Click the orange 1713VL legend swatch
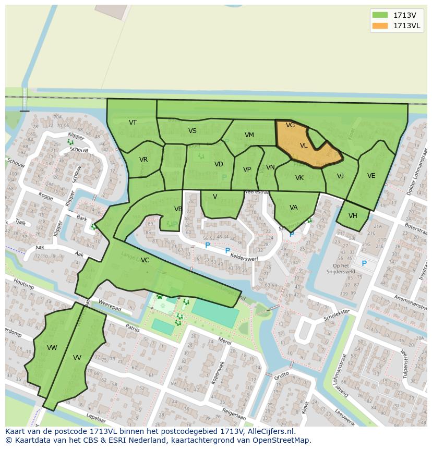pos(380,26)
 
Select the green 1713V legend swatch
pos(380,15)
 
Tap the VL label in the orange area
pos(304,146)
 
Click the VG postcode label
pos(291,126)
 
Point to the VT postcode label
pos(133,123)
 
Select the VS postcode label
pos(193,131)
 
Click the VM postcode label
pos(249,135)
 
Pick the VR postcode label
pos(143,160)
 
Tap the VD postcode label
pos(219,164)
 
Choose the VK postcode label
pos(299,178)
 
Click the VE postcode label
pos(371,176)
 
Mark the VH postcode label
pos(353,216)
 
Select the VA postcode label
pos(293,208)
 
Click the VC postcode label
pos(145,260)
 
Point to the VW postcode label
pos(52,348)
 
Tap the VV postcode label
pos(77,358)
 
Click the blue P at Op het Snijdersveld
pos(364,263)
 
